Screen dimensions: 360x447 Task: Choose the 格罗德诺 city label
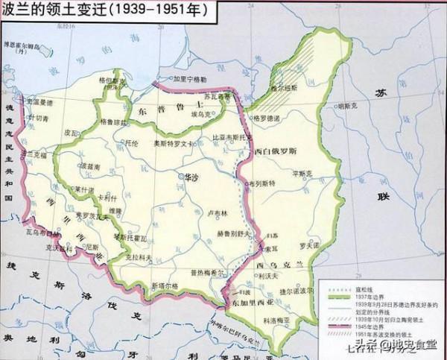[x=267, y=118]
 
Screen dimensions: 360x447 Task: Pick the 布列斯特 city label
[x=261, y=182]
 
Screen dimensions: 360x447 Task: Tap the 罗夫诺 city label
[x=308, y=242]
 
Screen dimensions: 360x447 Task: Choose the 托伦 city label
[x=133, y=141]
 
